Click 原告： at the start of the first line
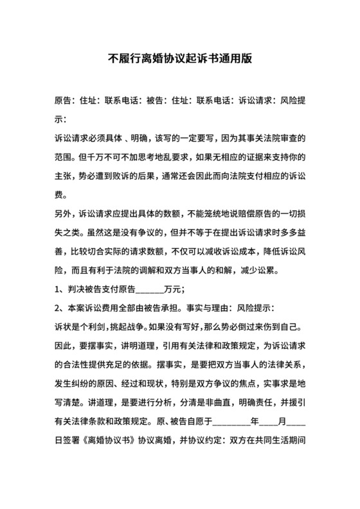[65, 101]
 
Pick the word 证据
[246, 157]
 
